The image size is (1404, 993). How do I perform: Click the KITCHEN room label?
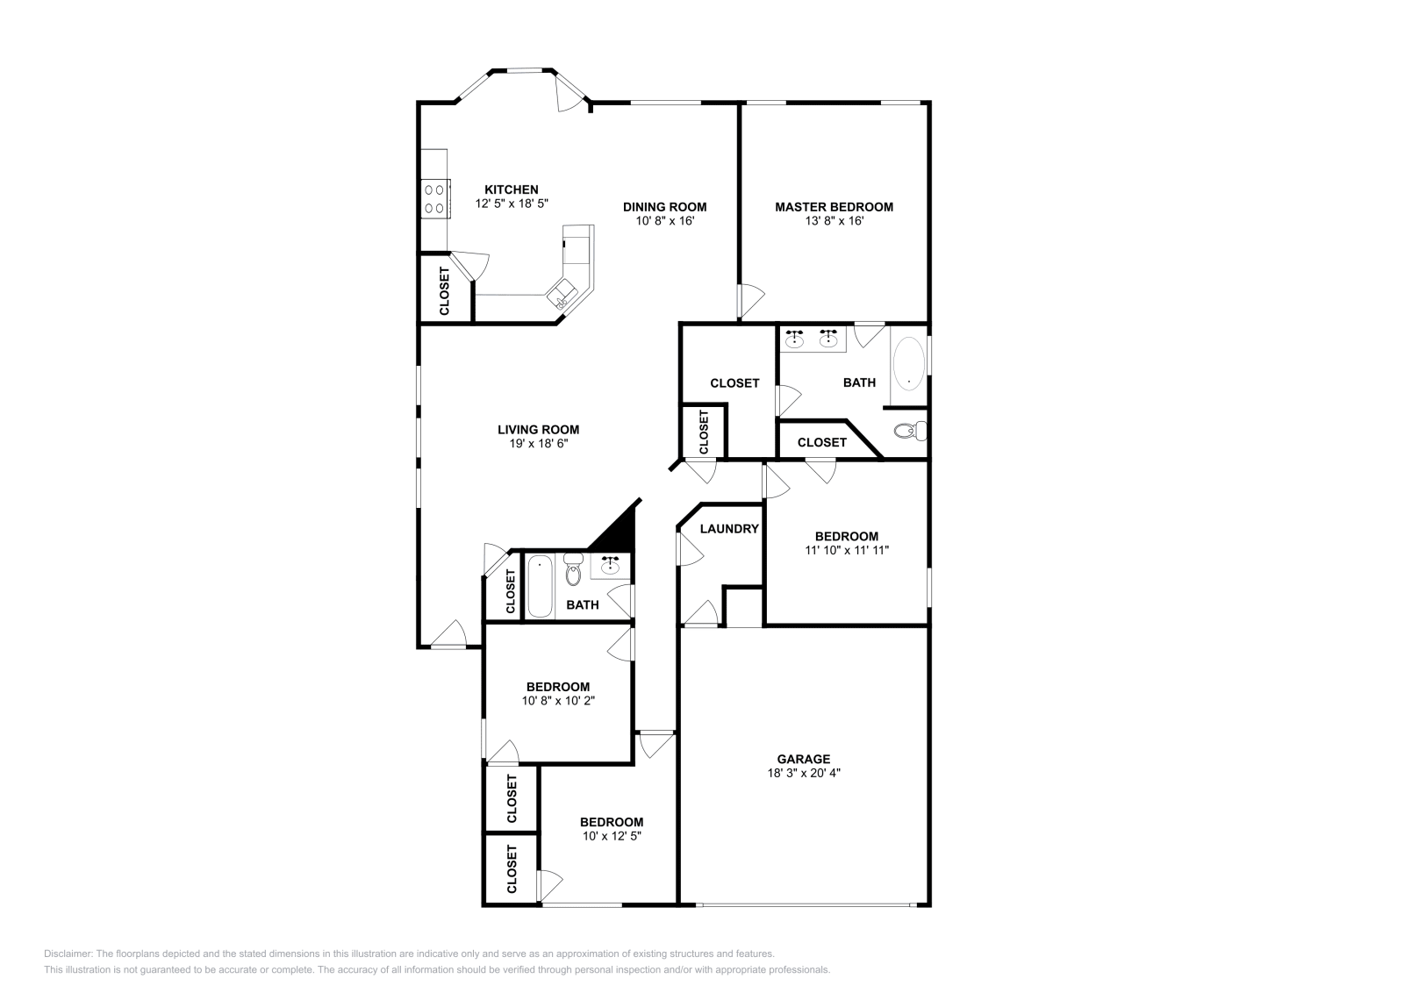click(512, 189)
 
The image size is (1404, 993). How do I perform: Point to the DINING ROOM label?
click(664, 207)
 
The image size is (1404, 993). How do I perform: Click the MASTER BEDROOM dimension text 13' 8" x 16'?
click(833, 221)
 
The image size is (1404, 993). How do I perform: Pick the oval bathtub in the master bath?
click(908, 365)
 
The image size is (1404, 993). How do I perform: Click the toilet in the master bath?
click(906, 431)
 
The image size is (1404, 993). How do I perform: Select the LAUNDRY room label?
click(728, 529)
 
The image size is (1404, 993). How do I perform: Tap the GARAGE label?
click(803, 759)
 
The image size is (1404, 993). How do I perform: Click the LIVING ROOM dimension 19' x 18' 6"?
click(538, 444)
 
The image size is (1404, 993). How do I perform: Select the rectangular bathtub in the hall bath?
click(539, 586)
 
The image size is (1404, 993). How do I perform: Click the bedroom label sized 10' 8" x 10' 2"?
click(557, 687)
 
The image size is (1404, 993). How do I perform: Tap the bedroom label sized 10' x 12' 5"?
click(611, 822)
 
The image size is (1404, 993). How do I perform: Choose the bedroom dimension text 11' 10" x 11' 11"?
click(846, 551)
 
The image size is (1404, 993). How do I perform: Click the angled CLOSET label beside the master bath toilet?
click(821, 442)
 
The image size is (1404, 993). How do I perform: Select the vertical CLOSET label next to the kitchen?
click(444, 291)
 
